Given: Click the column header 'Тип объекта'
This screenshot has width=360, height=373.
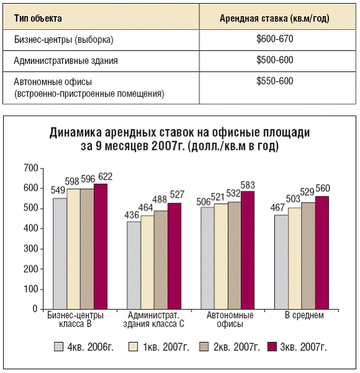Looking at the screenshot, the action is tap(38, 18).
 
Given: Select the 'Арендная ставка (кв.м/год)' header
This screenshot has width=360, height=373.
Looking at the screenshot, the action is tap(274, 19).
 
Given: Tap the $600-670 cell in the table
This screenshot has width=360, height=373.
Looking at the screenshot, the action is tap(275, 39).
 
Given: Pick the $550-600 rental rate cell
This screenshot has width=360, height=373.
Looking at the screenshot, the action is tap(275, 81).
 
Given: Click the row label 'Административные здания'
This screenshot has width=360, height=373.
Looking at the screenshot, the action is tap(66, 61).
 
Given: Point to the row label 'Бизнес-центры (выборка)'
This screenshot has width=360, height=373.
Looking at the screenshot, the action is tap(63, 40).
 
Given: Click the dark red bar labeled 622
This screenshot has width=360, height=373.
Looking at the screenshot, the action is tap(101, 246).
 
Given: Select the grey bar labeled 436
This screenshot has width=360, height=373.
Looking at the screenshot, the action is tap(134, 265).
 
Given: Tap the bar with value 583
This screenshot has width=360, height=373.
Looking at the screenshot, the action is tap(247, 250).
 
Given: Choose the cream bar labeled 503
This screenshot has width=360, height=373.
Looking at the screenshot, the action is tap(295, 259).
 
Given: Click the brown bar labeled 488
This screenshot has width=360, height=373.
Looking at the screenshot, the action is tap(161, 260).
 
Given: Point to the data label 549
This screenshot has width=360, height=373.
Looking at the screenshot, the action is tap(58, 190).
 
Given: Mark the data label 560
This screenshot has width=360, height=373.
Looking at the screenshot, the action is tap(323, 188).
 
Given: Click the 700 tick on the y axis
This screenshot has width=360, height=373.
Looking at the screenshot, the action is tap(31, 168).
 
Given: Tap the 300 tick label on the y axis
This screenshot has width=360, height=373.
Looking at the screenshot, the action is tap(31, 249).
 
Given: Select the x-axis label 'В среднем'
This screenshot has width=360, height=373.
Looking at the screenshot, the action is tap(304, 315).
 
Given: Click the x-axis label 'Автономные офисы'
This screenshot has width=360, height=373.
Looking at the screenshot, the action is tap(230, 320).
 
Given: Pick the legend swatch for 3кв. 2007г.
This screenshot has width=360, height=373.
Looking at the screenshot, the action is tap(272, 347).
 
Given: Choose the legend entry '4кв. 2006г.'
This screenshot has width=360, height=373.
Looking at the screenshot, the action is tap(84, 347).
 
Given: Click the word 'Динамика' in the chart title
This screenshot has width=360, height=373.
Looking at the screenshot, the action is tap(75, 132).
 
